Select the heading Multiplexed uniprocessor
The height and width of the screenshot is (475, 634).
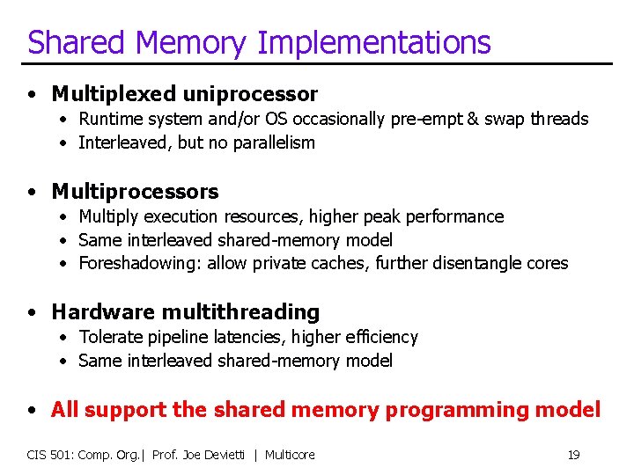coord(184,93)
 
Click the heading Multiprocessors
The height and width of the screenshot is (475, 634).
coord(135,191)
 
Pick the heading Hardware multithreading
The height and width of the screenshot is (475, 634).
coord(185,311)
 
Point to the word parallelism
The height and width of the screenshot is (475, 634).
coord(273,142)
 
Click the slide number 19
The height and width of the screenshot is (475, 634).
coord(573,455)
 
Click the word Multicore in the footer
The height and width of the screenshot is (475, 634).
coord(290,455)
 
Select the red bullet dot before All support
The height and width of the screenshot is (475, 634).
coord(32,410)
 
